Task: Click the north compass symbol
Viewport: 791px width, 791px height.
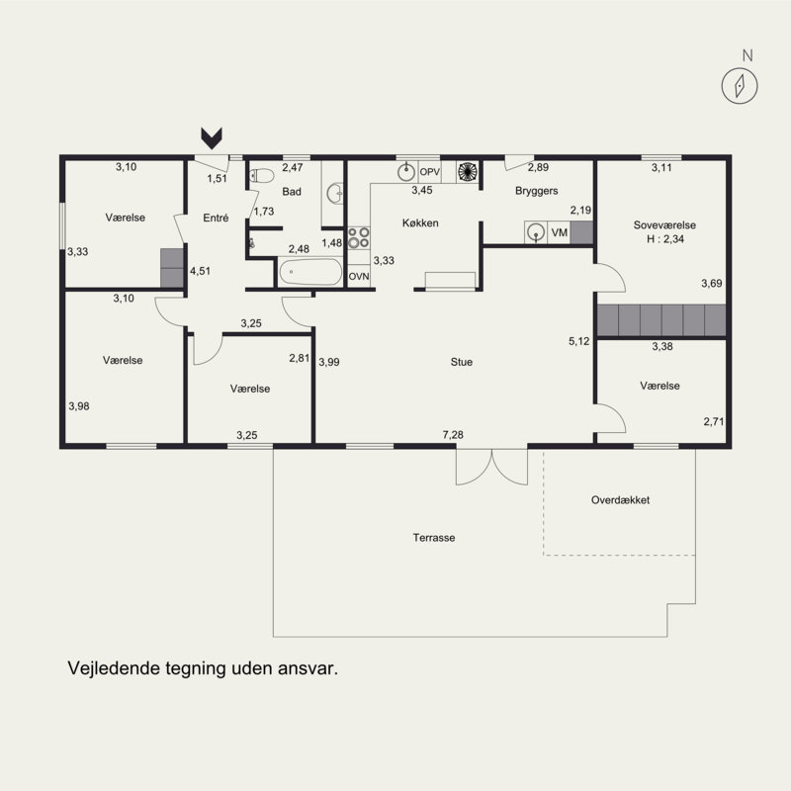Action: tap(740, 85)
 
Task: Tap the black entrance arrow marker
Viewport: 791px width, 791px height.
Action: tap(212, 138)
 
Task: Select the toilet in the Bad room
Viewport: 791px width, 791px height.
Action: tap(262, 176)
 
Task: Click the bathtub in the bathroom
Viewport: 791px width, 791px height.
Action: tap(310, 273)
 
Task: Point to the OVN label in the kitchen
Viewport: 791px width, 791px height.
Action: tap(359, 277)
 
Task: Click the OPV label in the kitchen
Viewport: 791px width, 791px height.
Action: tap(430, 172)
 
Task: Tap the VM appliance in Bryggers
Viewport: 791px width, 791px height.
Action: tap(559, 232)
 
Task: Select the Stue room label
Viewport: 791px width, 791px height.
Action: tap(462, 362)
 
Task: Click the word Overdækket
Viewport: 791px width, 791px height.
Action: tap(621, 500)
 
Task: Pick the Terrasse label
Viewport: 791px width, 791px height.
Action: tap(434, 538)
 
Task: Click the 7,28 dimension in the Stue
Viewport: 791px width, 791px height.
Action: tap(453, 434)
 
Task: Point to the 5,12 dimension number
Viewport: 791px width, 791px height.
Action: tap(579, 341)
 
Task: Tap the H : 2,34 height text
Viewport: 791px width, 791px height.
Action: tap(665, 239)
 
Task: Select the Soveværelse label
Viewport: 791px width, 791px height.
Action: tap(664, 225)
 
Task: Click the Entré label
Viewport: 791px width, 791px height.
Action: tap(216, 218)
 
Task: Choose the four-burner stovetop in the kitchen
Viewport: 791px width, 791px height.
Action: tap(358, 237)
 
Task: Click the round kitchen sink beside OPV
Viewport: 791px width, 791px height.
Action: tap(406, 172)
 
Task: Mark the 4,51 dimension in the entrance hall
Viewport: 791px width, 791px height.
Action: tap(201, 271)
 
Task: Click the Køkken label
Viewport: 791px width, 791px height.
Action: tap(420, 223)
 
